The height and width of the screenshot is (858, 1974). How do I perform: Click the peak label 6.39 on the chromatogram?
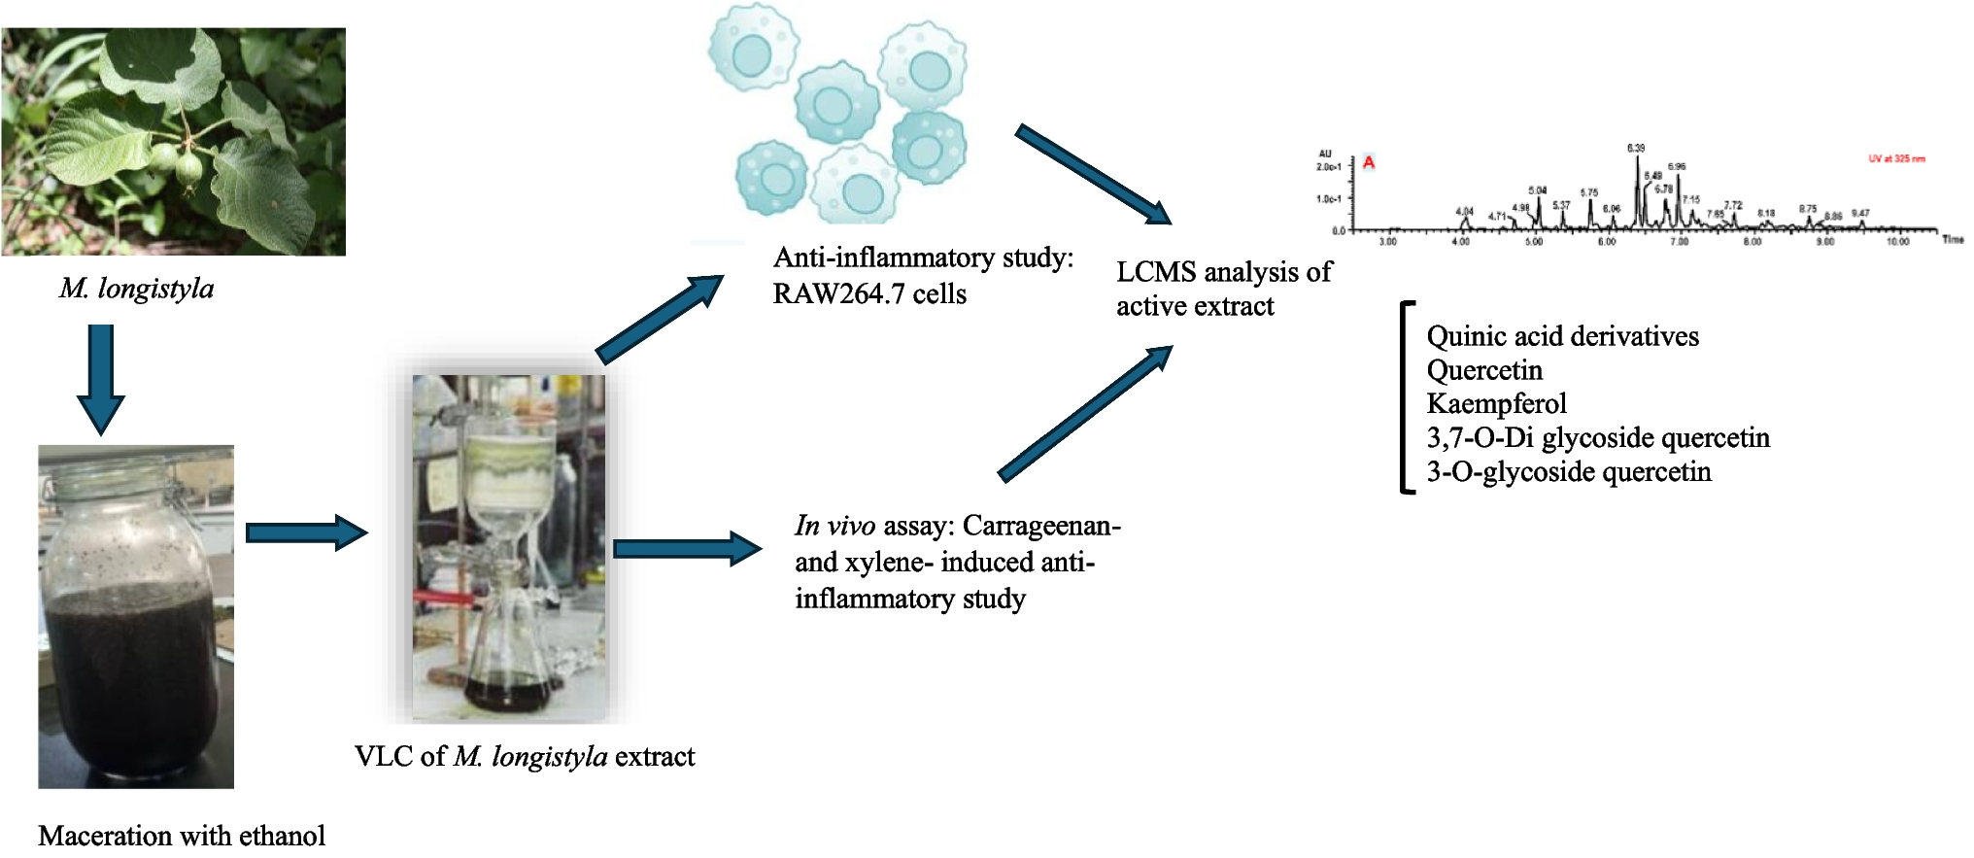pyautogui.click(x=1636, y=149)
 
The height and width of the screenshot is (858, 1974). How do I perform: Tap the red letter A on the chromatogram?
pyautogui.click(x=1369, y=162)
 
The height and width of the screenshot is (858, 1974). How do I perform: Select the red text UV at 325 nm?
pyautogui.click(x=1896, y=158)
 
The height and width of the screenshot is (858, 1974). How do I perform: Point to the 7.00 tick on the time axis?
pyautogui.click(x=1680, y=241)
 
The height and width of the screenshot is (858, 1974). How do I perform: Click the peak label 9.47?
pyautogui.click(x=1859, y=213)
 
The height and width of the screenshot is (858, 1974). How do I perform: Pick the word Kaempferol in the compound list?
pyautogui.click(x=1496, y=403)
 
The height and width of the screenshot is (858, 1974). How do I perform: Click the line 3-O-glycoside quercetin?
pyautogui.click(x=1568, y=472)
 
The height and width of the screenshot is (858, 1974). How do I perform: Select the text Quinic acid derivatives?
pyautogui.click(x=1562, y=336)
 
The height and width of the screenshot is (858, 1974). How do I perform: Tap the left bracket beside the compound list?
pyautogui.click(x=1405, y=398)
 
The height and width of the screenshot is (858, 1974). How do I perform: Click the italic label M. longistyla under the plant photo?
pyautogui.click(x=136, y=289)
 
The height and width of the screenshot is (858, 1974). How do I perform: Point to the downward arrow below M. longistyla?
pyautogui.click(x=100, y=379)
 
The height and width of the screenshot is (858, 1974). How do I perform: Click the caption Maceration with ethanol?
pyautogui.click(x=182, y=836)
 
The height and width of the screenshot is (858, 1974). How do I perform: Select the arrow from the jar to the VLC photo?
pyautogui.click(x=305, y=532)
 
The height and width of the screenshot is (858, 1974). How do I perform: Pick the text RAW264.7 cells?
pyautogui.click(x=868, y=294)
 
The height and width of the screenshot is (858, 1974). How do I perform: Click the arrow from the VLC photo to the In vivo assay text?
pyautogui.click(x=686, y=549)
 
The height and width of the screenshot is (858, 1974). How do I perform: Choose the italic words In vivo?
pyautogui.click(x=834, y=526)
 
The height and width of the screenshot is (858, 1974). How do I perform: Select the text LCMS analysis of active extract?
pyautogui.click(x=1223, y=289)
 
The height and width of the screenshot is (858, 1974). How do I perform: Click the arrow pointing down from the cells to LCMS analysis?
pyautogui.click(x=1092, y=175)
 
